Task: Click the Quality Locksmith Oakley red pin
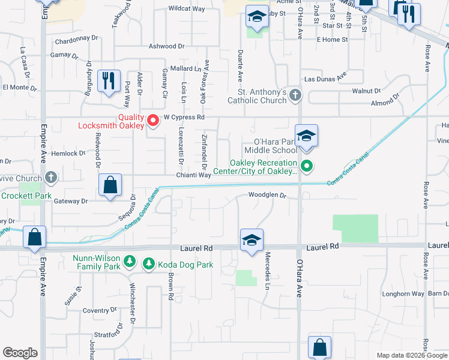coord(153,121)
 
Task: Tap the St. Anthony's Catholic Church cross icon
coord(295,95)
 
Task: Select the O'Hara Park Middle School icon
coord(306,137)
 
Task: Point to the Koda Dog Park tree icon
coord(148,263)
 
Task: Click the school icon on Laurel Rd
coord(252,241)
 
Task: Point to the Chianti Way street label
coord(193,175)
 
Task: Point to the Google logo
coord(20,353)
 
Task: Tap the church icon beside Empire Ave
coord(51,178)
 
